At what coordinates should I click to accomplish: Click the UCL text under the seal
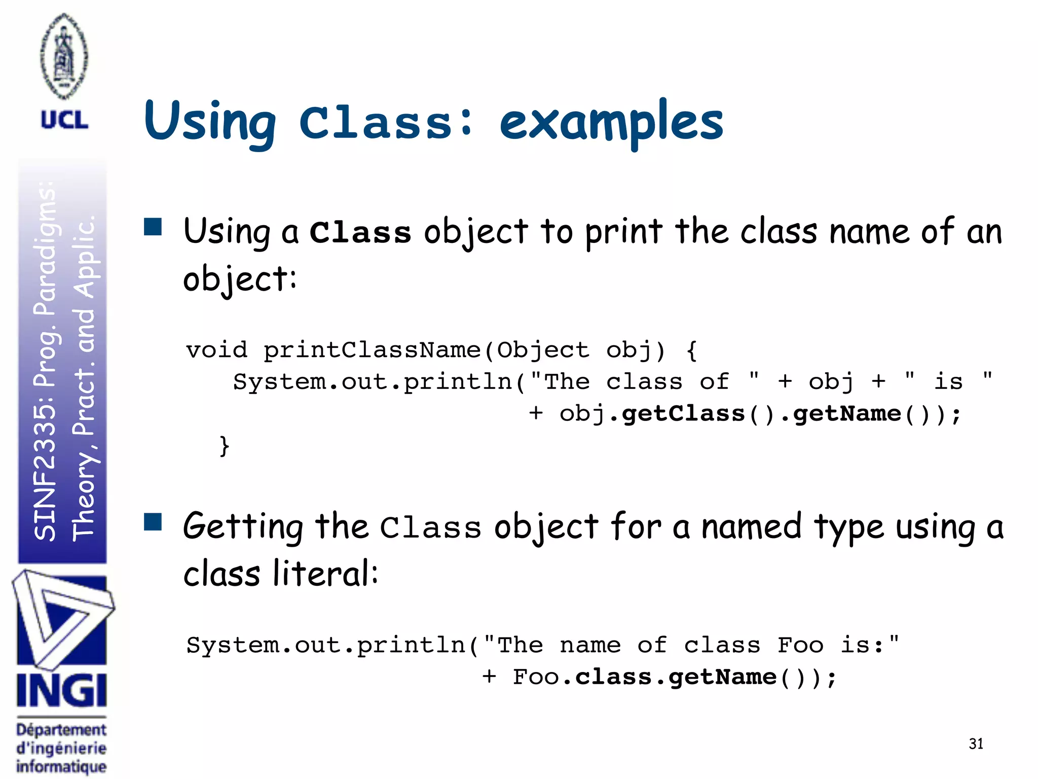[x=64, y=121]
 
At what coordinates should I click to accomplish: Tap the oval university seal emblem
[x=64, y=56]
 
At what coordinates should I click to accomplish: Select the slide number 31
[x=976, y=743]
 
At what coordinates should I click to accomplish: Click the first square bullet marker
[x=153, y=227]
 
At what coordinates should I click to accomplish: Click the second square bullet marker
[x=153, y=521]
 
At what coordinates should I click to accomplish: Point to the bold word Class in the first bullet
[x=360, y=233]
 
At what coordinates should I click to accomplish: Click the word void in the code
[x=216, y=350]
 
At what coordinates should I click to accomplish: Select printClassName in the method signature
[x=372, y=350]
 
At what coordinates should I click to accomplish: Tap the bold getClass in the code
[x=683, y=413]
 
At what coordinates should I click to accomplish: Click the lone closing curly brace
[x=225, y=446]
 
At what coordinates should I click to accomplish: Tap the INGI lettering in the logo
[x=62, y=691]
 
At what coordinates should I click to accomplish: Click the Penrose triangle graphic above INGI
[x=61, y=619]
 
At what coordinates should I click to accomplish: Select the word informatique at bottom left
[x=61, y=766]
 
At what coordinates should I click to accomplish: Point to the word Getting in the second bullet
[x=243, y=527]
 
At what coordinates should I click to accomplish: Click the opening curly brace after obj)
[x=691, y=350]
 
